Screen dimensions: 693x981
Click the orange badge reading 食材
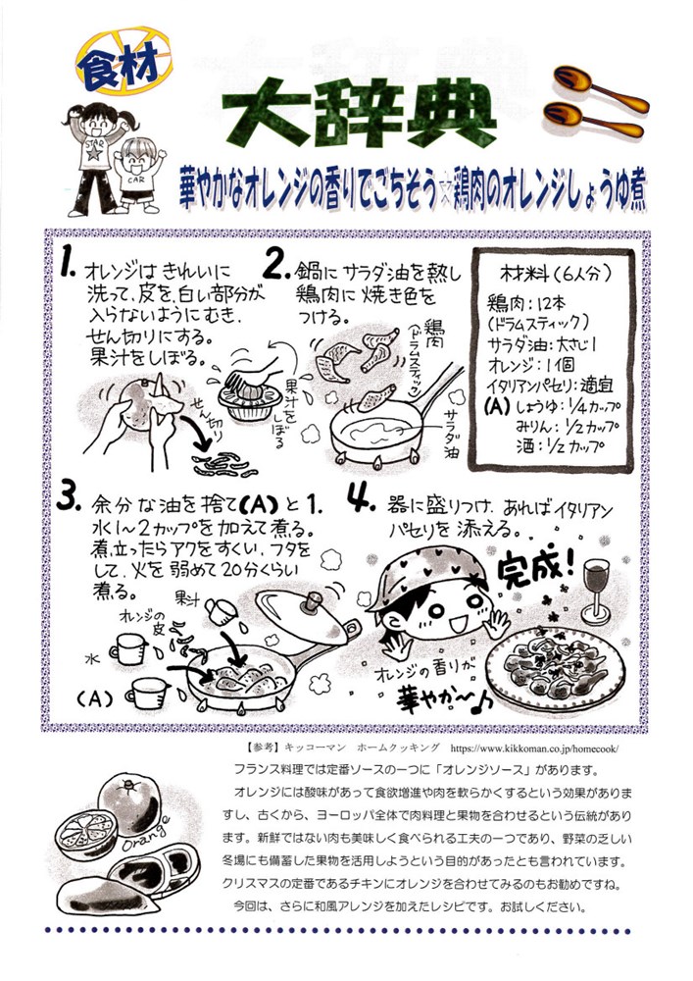point(124,61)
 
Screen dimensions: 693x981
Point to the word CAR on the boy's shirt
point(135,180)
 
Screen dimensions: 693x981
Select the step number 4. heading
point(361,499)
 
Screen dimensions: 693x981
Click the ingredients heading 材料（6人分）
point(556,274)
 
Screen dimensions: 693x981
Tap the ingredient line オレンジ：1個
point(530,364)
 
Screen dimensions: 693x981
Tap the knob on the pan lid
point(311,603)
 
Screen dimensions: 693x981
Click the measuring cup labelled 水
point(128,648)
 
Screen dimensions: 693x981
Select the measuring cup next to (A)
point(148,694)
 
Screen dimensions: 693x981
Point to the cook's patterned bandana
point(425,574)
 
